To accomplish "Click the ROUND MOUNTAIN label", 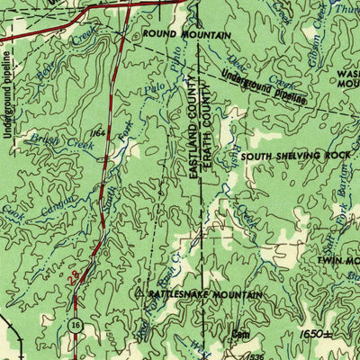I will [187, 35].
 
